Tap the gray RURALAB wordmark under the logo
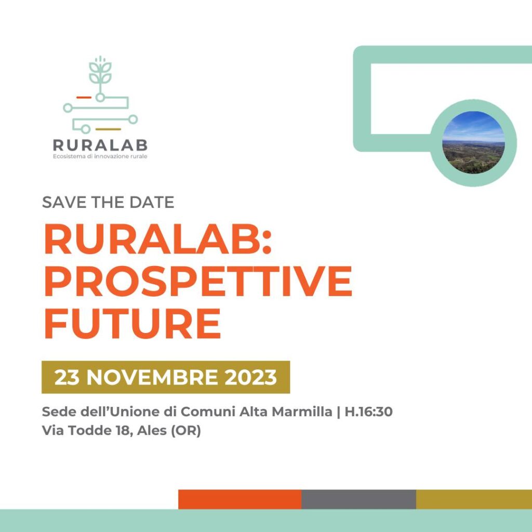point(100,145)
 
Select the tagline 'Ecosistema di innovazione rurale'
point(100,156)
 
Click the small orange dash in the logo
point(84,97)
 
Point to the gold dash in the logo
point(108,129)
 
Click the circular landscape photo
point(474,142)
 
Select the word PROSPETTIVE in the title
point(198,281)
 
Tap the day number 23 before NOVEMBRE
point(67,377)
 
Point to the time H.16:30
point(369,411)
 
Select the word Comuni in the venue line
point(208,411)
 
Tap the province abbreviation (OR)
point(186,431)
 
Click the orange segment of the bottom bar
point(240,499)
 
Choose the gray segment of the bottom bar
point(358,499)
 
